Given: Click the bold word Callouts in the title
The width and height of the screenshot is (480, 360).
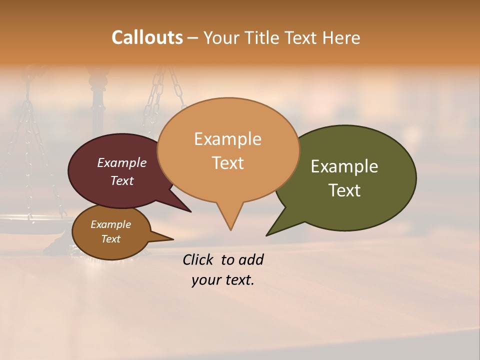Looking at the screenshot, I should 147,37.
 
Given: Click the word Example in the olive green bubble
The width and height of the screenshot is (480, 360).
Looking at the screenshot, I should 344,166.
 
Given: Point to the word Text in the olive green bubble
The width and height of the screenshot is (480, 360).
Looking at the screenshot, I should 345,190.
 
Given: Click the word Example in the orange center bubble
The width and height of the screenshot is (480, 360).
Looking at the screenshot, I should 227,139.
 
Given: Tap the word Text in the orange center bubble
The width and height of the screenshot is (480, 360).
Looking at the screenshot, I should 228,163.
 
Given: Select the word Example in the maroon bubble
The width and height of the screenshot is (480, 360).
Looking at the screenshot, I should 122,162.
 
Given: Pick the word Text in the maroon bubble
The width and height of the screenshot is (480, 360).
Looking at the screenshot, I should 122,180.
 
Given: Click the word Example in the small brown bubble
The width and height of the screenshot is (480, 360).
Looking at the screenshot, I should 111,224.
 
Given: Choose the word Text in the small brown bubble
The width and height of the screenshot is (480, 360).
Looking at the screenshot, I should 111,239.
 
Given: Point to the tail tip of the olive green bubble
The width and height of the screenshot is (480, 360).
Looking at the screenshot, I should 267,234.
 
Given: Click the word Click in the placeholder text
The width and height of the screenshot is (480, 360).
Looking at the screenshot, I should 199,260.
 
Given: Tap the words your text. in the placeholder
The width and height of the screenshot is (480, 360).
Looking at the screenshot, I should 223,280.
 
